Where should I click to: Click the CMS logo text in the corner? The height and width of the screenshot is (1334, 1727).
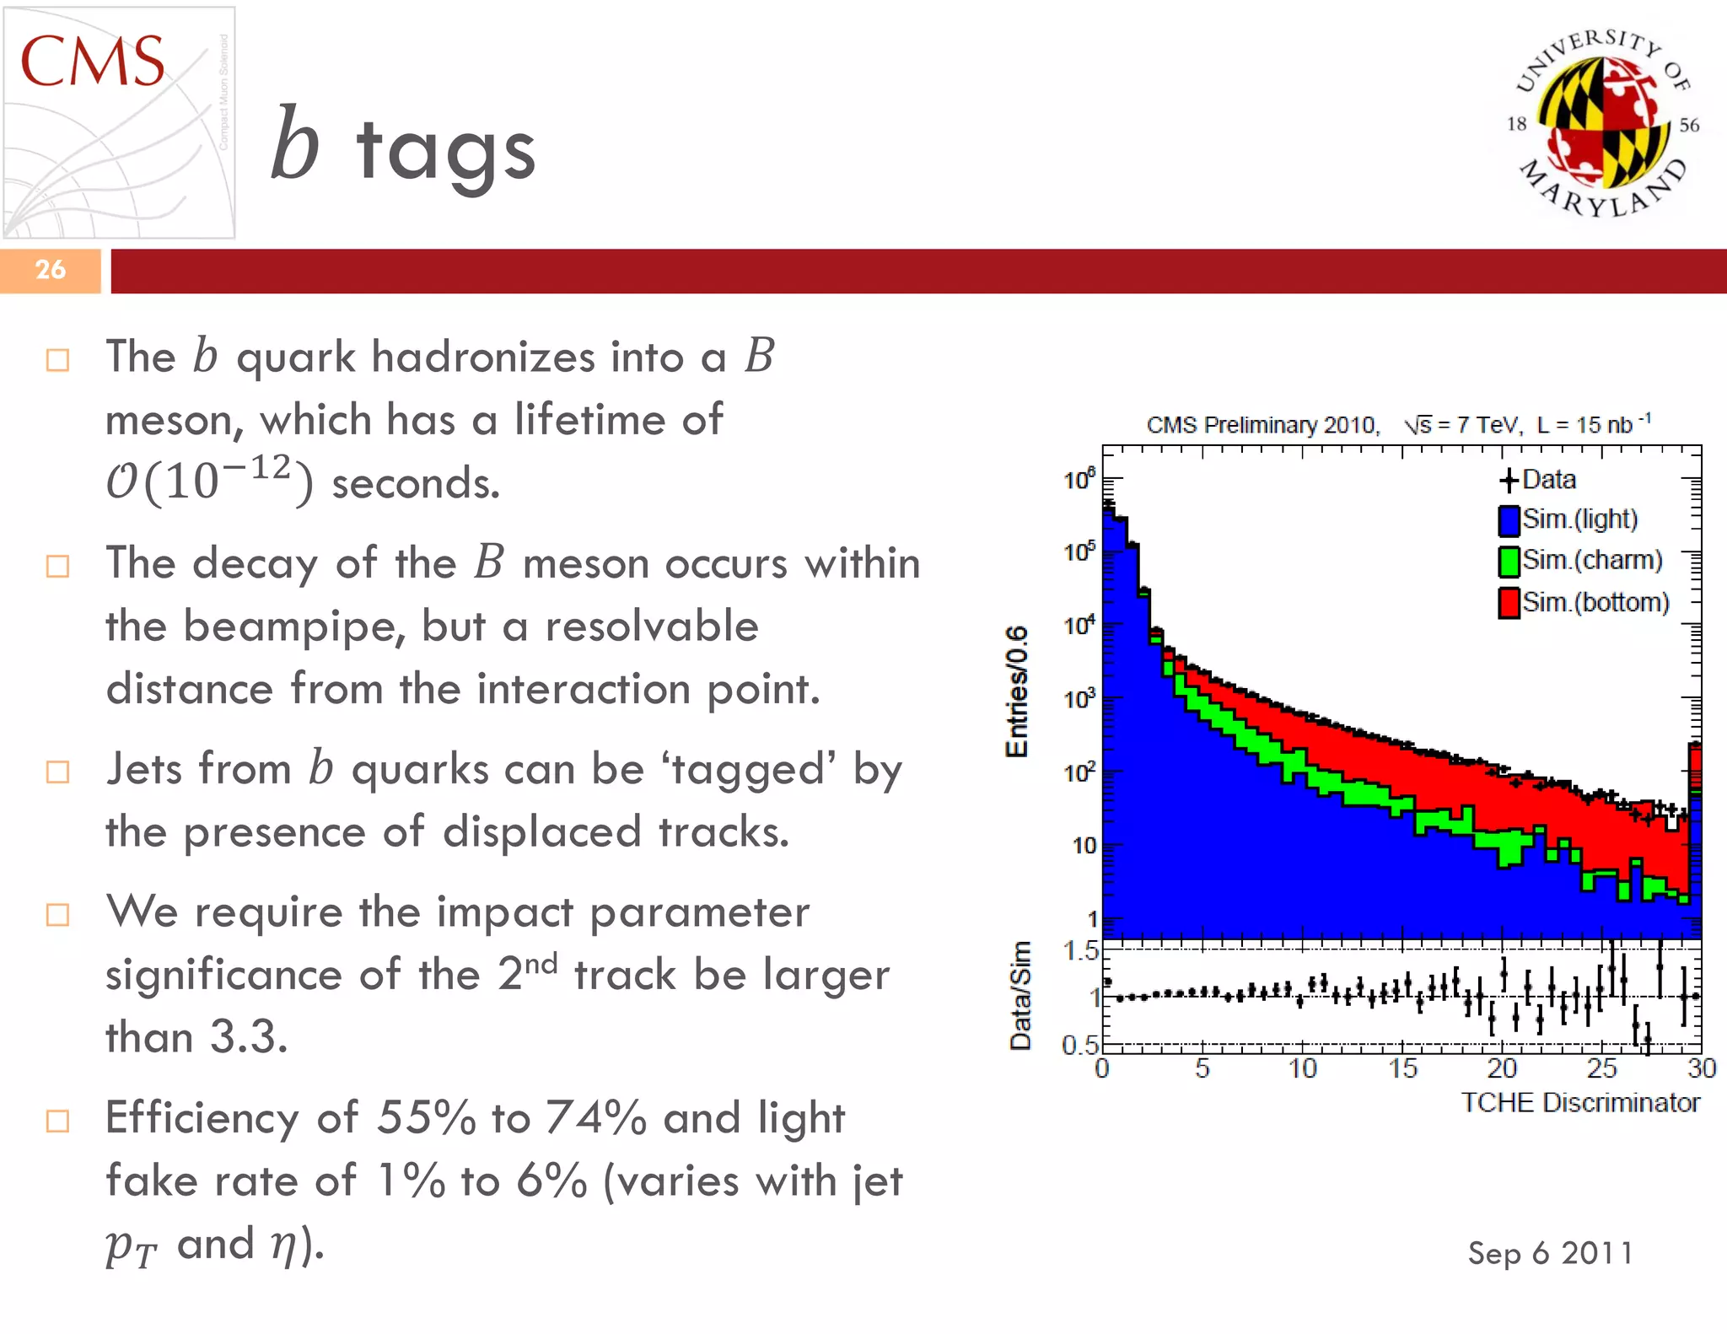[92, 62]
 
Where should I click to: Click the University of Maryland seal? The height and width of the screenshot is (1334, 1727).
[1601, 123]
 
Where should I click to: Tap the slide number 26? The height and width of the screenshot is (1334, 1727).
[50, 270]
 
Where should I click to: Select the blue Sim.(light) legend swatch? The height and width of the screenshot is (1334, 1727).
[1509, 520]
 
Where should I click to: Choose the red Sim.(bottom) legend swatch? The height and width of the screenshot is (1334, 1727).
[1509, 603]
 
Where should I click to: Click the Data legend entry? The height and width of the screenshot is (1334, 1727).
[1539, 480]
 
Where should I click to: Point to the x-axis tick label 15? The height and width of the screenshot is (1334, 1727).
[1402, 1069]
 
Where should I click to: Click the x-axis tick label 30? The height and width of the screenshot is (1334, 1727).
[1701, 1069]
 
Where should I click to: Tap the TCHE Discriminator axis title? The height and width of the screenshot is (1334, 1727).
[1580, 1103]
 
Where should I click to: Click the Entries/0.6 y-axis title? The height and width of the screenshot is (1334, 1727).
[1017, 691]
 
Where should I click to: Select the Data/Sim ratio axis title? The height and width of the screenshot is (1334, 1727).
[1020, 995]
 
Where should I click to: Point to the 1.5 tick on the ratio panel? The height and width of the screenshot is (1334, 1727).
[1080, 951]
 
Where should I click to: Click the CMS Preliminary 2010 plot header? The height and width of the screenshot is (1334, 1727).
[1262, 425]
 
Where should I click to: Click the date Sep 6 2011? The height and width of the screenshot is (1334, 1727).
[1550, 1253]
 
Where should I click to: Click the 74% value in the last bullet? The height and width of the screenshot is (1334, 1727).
[595, 1118]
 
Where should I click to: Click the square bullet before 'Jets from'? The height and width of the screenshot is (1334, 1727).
[57, 772]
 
